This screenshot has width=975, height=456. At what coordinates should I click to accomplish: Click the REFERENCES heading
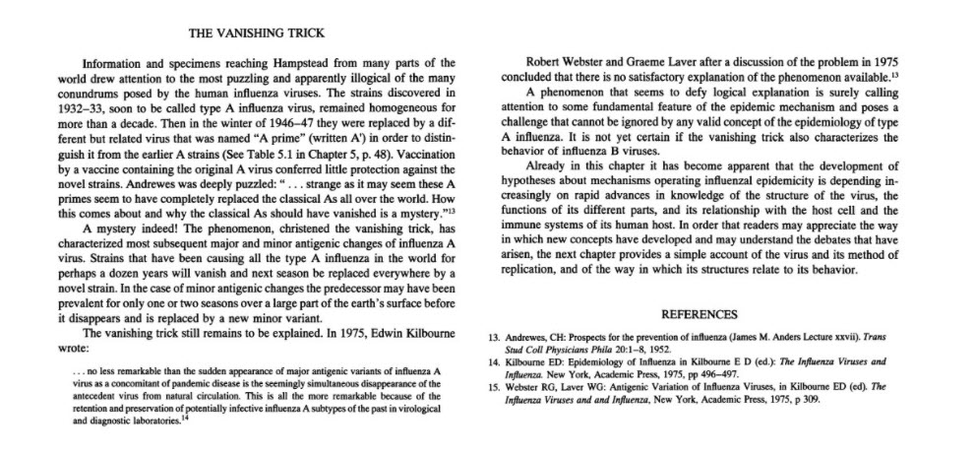pos(699,314)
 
